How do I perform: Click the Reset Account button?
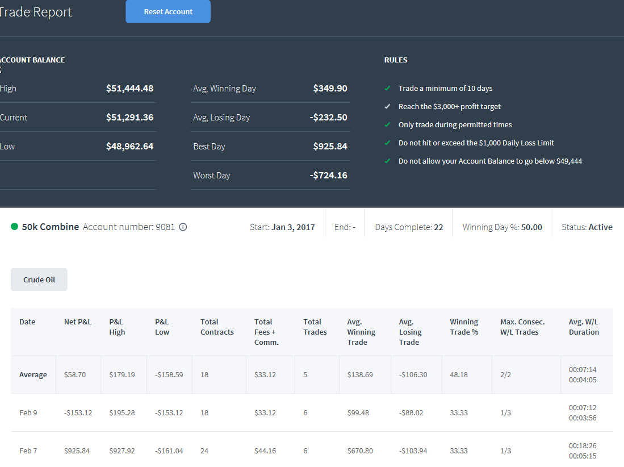168,11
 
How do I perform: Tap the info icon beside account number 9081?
183,227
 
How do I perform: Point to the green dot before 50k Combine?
14,227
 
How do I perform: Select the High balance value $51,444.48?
129,89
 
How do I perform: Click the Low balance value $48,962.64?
129,147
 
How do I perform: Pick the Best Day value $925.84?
330,147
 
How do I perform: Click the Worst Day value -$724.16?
329,176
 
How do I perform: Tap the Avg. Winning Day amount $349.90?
330,89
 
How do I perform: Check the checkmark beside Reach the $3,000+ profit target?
387,106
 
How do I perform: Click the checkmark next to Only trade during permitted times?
387,124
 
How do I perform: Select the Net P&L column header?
78,322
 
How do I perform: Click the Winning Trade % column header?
464,327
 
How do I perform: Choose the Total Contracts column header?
217,327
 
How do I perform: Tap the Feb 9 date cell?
28,413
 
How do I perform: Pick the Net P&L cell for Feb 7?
77,451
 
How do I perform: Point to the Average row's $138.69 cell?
360,374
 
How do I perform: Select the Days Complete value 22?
438,227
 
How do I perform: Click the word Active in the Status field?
601,227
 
